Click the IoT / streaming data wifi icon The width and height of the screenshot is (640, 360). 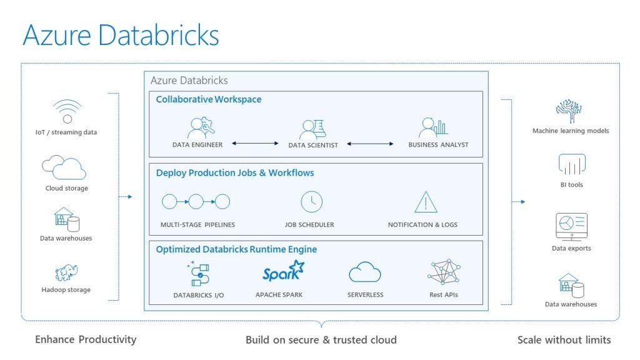point(67,111)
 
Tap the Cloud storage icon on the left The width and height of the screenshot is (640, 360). point(64,167)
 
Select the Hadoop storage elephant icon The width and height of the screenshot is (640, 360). point(66,273)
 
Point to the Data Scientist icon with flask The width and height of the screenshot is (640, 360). point(312,129)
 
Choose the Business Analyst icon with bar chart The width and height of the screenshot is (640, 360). point(434,127)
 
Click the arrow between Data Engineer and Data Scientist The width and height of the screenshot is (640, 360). point(254,144)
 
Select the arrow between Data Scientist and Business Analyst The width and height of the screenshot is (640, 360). point(371,144)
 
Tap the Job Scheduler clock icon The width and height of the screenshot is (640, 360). point(311,202)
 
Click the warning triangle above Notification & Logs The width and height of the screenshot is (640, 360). point(426,202)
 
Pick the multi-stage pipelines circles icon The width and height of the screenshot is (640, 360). point(196,201)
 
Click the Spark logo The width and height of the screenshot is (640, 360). point(282,272)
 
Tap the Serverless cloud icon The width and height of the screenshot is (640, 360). point(365,272)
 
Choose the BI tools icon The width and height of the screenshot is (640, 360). point(571,164)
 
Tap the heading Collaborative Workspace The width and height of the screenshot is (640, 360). point(209,99)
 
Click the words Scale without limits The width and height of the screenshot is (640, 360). point(564,340)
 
